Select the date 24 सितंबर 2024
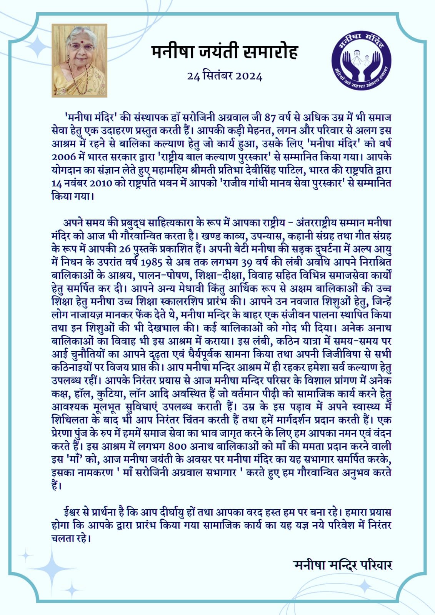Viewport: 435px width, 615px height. coord(225,76)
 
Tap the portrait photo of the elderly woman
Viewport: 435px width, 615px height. coord(80,60)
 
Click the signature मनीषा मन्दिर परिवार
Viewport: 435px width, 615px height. coord(342,565)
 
